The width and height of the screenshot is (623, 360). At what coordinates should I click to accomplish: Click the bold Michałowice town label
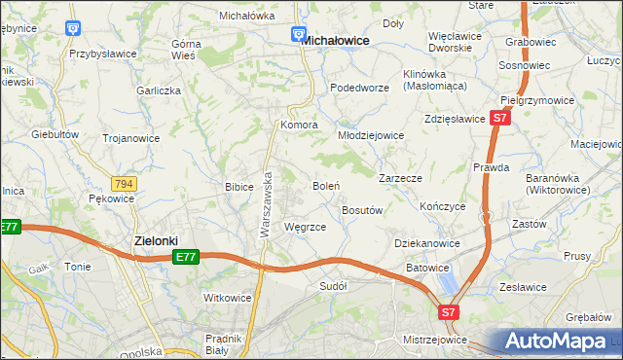point(335,41)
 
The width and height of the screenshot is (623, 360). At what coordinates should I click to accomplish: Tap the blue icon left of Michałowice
point(299,36)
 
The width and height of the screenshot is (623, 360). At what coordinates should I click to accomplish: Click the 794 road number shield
point(124,183)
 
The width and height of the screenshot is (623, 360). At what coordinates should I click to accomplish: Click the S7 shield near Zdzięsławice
point(499,118)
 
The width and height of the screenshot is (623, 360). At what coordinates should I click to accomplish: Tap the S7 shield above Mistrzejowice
point(447,313)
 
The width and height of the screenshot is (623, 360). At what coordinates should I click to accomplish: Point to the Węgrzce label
point(303,227)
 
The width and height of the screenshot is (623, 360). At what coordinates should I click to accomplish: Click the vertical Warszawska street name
point(265,206)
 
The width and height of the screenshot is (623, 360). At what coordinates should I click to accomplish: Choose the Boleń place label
point(325,185)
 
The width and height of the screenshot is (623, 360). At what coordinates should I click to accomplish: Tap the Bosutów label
point(361,210)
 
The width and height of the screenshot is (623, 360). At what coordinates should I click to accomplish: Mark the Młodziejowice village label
point(371,135)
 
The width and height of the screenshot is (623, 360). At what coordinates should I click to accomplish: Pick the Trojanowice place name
point(131,138)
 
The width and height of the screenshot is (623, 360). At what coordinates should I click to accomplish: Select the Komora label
point(300,126)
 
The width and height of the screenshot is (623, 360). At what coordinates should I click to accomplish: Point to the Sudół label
point(334,286)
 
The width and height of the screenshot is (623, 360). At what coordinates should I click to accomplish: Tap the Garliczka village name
point(160,90)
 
